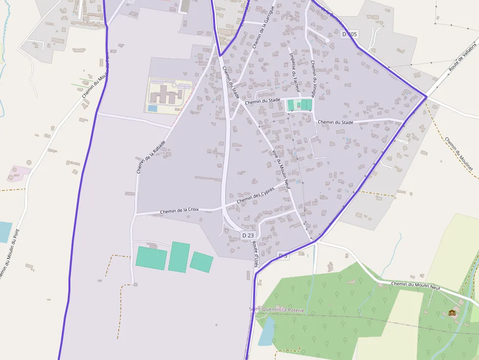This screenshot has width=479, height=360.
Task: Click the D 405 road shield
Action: tap(350, 34)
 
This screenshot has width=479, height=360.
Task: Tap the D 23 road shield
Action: tap(248, 235)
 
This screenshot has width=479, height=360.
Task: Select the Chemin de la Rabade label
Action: tap(151, 158)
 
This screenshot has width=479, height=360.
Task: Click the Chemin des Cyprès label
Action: tap(256, 196)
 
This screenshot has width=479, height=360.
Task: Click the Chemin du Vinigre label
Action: tap(313, 79)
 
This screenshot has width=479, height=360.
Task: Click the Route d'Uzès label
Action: tap(256, 254)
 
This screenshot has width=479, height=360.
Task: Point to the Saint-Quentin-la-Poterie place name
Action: tap(277, 310)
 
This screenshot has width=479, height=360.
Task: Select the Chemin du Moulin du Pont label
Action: tap(9, 254)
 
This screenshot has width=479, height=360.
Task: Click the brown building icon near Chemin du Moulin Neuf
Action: tap(452, 313)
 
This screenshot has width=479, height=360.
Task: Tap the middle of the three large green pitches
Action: tap(179, 256)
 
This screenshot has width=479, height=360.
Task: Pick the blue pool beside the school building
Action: tap(152, 108)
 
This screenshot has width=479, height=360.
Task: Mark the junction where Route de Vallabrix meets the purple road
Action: tap(426, 97)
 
